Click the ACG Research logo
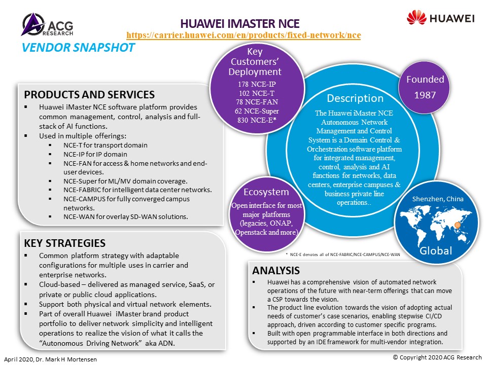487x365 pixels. coord(47,24)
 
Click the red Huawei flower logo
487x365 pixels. coord(416,17)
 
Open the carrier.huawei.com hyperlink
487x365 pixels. coord(243,35)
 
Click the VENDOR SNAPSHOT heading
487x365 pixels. coord(78,48)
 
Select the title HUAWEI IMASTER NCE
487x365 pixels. coord(240,24)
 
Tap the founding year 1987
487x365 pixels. coord(425,95)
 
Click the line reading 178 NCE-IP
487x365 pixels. coord(257,84)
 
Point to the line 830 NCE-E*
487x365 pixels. coord(257,120)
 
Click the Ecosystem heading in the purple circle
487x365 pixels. coord(266,192)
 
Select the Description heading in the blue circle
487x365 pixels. coord(355,98)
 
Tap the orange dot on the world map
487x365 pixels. coord(457,225)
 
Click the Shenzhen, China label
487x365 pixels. coord(438,199)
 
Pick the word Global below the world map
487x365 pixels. coord(436,250)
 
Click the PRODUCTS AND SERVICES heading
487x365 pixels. coord(89,95)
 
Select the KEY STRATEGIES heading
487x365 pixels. coord(64,243)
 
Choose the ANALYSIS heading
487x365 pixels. coord(276,271)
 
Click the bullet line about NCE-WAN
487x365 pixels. coord(125,216)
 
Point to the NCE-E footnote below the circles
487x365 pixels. coord(343,254)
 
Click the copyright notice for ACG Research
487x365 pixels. coord(437,357)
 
